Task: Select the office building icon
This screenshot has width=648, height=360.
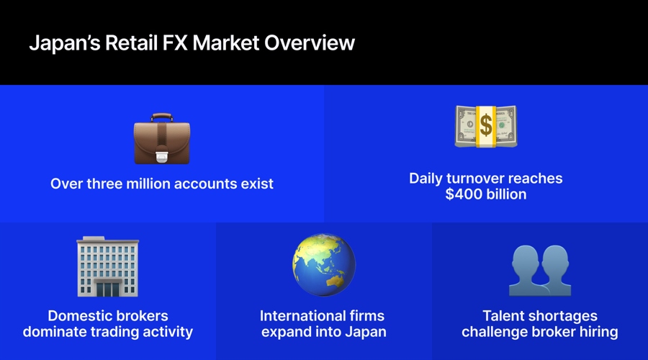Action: pos(107,266)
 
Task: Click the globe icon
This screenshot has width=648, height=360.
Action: pos(323,264)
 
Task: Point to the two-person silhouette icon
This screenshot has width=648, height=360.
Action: pos(539,269)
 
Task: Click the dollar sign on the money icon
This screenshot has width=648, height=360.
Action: pos(486,127)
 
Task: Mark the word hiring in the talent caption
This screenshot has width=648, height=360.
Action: pos(597,332)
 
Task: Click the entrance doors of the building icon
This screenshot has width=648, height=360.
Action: pos(107,289)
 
